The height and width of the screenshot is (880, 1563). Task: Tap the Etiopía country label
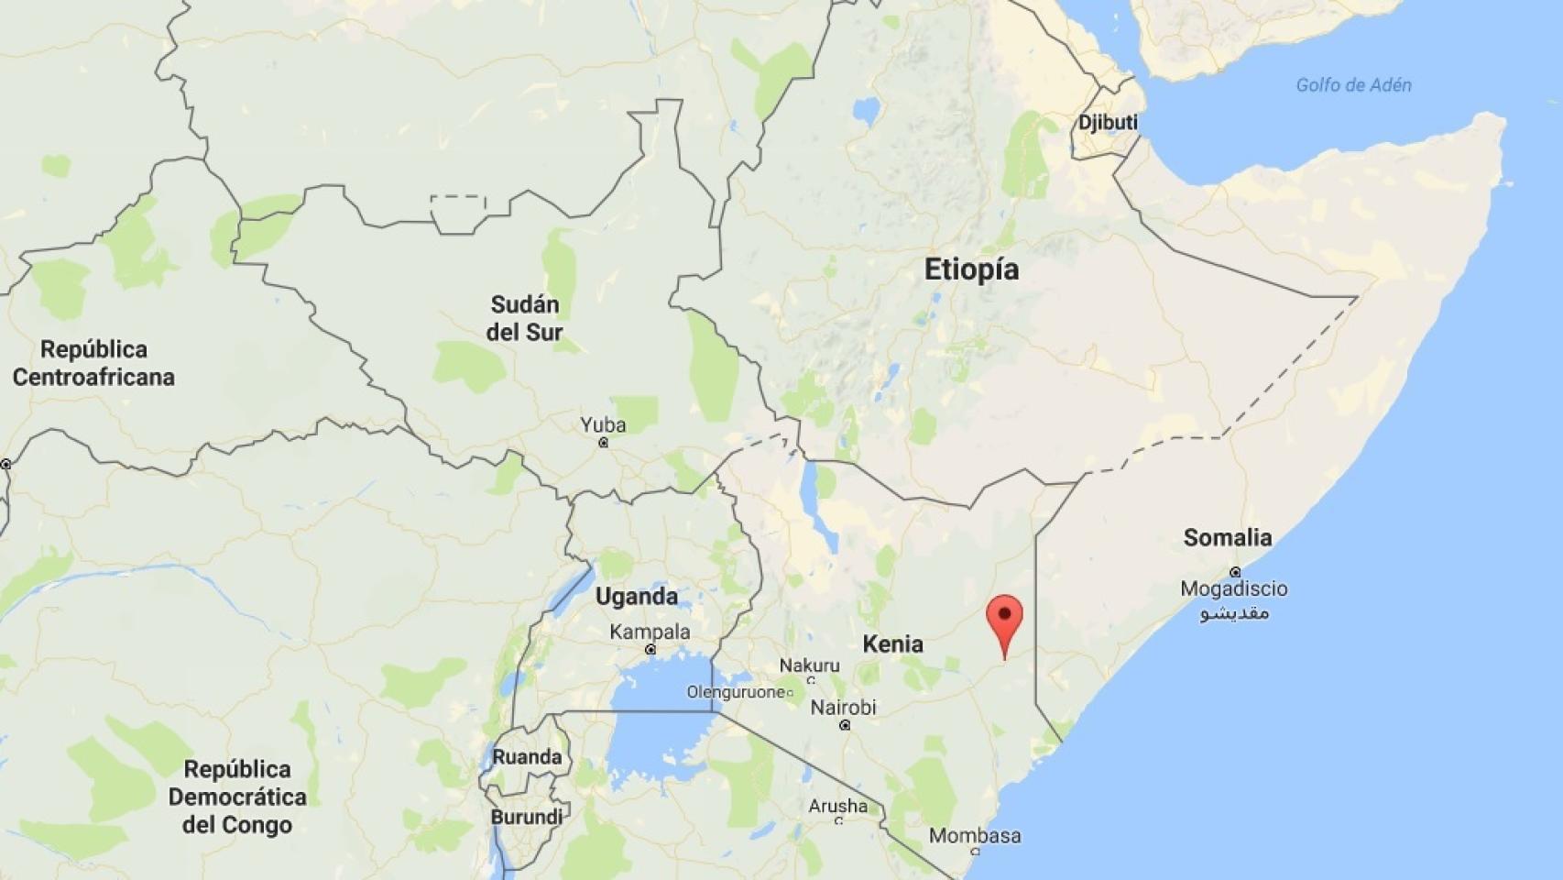971,269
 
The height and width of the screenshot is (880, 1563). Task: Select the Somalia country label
1227,538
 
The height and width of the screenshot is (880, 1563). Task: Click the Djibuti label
1108,123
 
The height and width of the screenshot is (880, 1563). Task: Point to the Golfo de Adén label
1353,85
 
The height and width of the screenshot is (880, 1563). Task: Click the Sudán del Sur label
524,318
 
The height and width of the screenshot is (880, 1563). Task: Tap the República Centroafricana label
93,363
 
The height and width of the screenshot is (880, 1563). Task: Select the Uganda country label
637,597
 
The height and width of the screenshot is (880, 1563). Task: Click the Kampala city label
650,632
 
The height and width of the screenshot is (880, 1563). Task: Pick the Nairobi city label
843,708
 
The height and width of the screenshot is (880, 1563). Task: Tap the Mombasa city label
975,836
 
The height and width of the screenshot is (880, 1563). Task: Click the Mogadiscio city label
1233,588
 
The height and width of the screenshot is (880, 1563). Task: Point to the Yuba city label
603,425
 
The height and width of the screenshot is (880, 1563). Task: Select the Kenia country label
892,644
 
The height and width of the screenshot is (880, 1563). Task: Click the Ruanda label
527,757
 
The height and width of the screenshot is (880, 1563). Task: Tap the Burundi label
527,817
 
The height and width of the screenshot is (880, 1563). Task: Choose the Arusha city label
837,807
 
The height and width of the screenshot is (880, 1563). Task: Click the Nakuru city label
809,665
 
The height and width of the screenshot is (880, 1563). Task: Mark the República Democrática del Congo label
236,797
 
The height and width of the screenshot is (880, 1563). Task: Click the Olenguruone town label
736,692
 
